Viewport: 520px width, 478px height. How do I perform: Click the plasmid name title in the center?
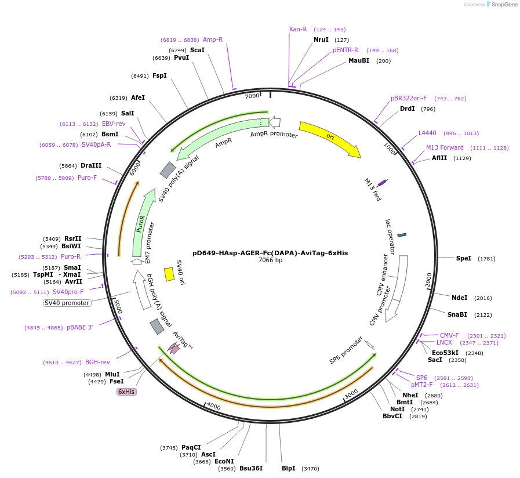[270, 253]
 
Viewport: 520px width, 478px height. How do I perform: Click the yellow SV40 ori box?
[169, 274]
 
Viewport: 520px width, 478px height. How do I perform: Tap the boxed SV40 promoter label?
[67, 303]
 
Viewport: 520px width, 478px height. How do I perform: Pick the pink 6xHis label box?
[126, 392]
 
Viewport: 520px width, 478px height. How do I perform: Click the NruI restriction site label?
[321, 39]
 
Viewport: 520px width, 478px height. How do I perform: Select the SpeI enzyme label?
[464, 258]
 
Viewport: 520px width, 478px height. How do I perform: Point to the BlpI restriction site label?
[288, 468]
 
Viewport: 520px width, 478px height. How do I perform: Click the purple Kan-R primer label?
[298, 29]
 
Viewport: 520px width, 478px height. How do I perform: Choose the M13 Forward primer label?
[445, 147]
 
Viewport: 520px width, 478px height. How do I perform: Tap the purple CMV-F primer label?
[449, 335]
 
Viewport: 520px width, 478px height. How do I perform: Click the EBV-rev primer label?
[114, 124]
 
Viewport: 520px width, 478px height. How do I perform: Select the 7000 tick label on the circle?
[252, 96]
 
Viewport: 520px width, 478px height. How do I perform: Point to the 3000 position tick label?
[351, 394]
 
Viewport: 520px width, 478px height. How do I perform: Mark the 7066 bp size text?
[270, 260]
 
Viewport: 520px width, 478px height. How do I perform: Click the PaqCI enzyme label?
[191, 447]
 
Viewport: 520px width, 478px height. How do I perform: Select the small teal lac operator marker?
[402, 235]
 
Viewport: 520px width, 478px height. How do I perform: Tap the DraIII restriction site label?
[91, 165]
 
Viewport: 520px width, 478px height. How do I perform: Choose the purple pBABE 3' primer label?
[79, 327]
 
